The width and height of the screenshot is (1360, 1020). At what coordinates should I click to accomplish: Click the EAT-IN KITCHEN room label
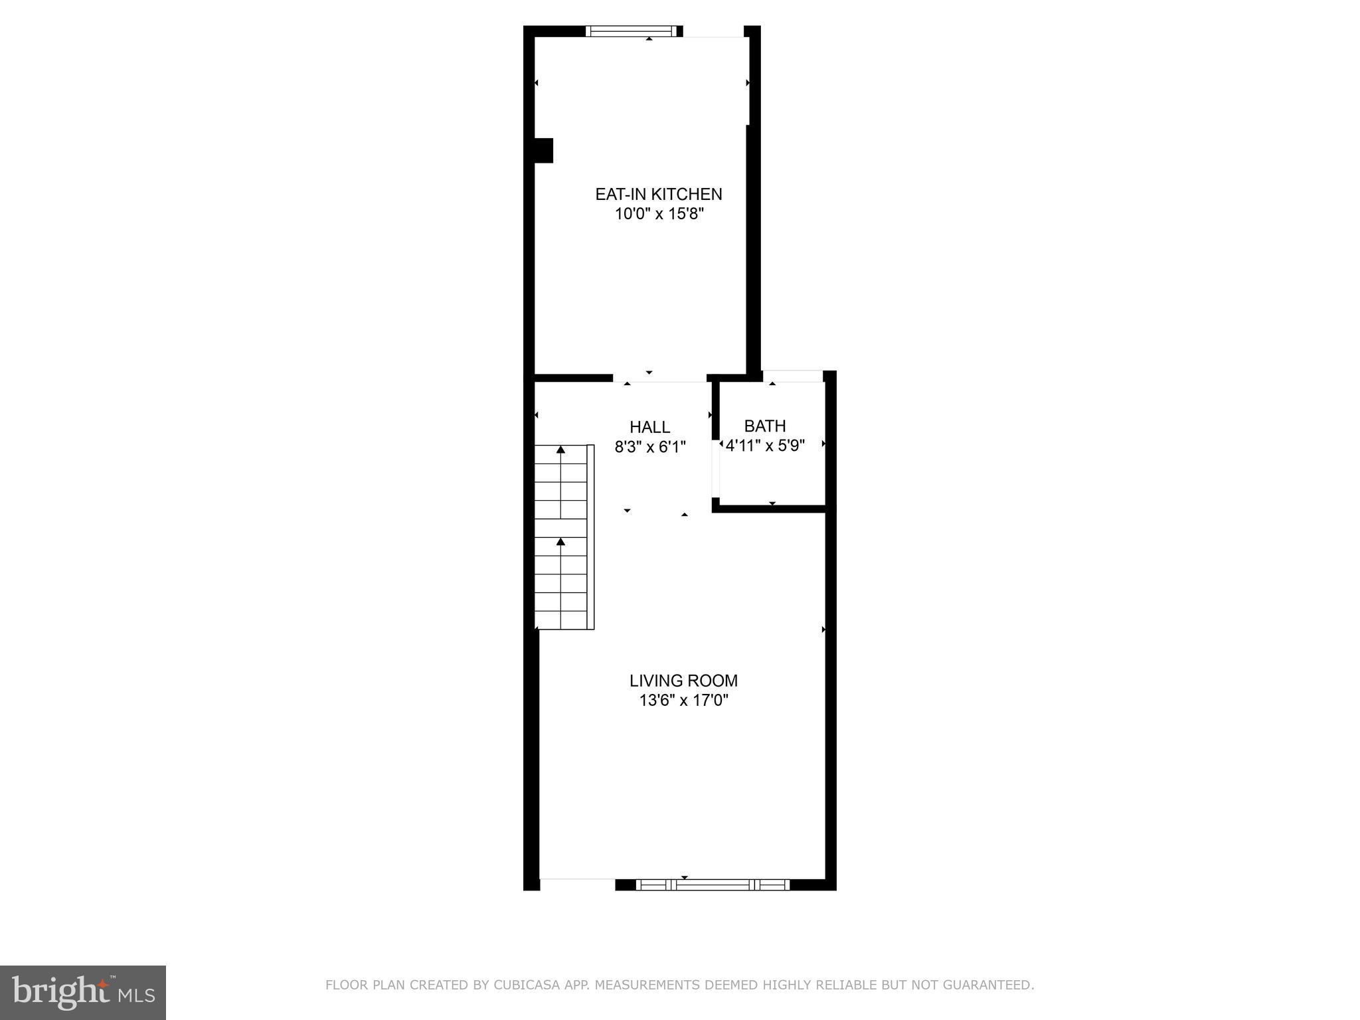[658, 194]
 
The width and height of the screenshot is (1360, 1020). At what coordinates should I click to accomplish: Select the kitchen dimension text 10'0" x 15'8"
[658, 214]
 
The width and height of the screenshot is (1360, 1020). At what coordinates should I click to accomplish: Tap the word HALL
[649, 427]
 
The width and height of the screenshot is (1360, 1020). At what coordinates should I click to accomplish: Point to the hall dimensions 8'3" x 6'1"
[649, 447]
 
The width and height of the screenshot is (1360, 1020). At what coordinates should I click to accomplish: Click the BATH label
[765, 426]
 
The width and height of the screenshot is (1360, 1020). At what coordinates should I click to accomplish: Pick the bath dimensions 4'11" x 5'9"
[765, 446]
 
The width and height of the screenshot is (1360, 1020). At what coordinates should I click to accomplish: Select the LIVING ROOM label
[683, 681]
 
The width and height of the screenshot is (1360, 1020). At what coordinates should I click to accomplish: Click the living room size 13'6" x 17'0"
[683, 700]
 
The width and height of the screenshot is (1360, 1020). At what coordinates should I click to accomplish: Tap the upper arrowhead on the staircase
[560, 450]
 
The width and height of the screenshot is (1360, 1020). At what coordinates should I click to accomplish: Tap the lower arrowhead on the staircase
[560, 542]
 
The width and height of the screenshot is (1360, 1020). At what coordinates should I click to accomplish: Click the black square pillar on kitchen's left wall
[543, 150]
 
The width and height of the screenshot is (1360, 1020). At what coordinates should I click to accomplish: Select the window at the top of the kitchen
[632, 31]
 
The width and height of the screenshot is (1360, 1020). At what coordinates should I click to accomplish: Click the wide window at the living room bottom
[713, 885]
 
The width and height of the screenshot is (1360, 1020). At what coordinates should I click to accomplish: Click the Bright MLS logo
[83, 992]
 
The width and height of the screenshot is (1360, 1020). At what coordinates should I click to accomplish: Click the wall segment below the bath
[770, 509]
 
